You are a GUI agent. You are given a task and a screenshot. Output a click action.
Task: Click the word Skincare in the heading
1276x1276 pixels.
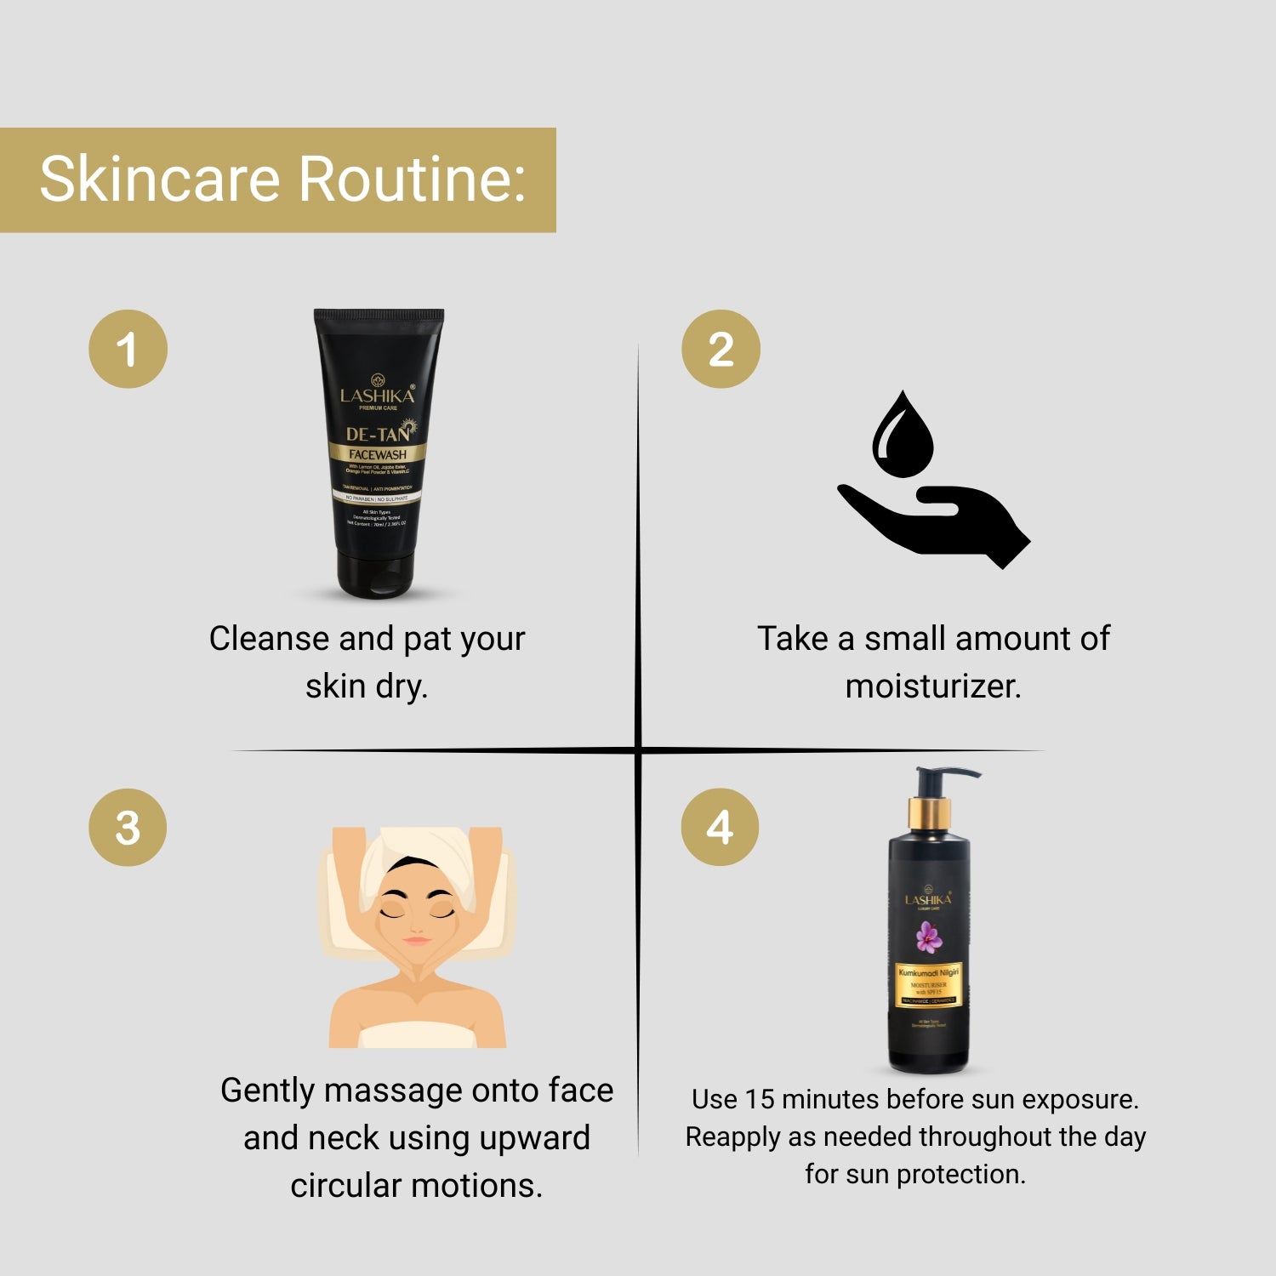159,179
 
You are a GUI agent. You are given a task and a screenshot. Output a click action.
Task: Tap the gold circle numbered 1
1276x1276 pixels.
128,349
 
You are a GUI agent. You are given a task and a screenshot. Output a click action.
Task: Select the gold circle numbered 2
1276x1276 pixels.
721,349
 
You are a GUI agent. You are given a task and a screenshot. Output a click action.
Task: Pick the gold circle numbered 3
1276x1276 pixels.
128,827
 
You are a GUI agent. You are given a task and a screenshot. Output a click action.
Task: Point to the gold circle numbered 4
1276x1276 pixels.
720,827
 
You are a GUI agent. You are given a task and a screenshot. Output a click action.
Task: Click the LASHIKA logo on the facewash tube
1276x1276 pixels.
377,395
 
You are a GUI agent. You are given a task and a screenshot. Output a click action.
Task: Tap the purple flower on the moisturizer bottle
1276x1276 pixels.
928,937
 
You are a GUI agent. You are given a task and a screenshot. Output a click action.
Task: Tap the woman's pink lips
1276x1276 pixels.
416,941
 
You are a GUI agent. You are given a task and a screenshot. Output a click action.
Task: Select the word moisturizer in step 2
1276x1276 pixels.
932,686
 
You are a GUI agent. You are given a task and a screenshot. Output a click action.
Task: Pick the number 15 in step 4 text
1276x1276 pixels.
759,1099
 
